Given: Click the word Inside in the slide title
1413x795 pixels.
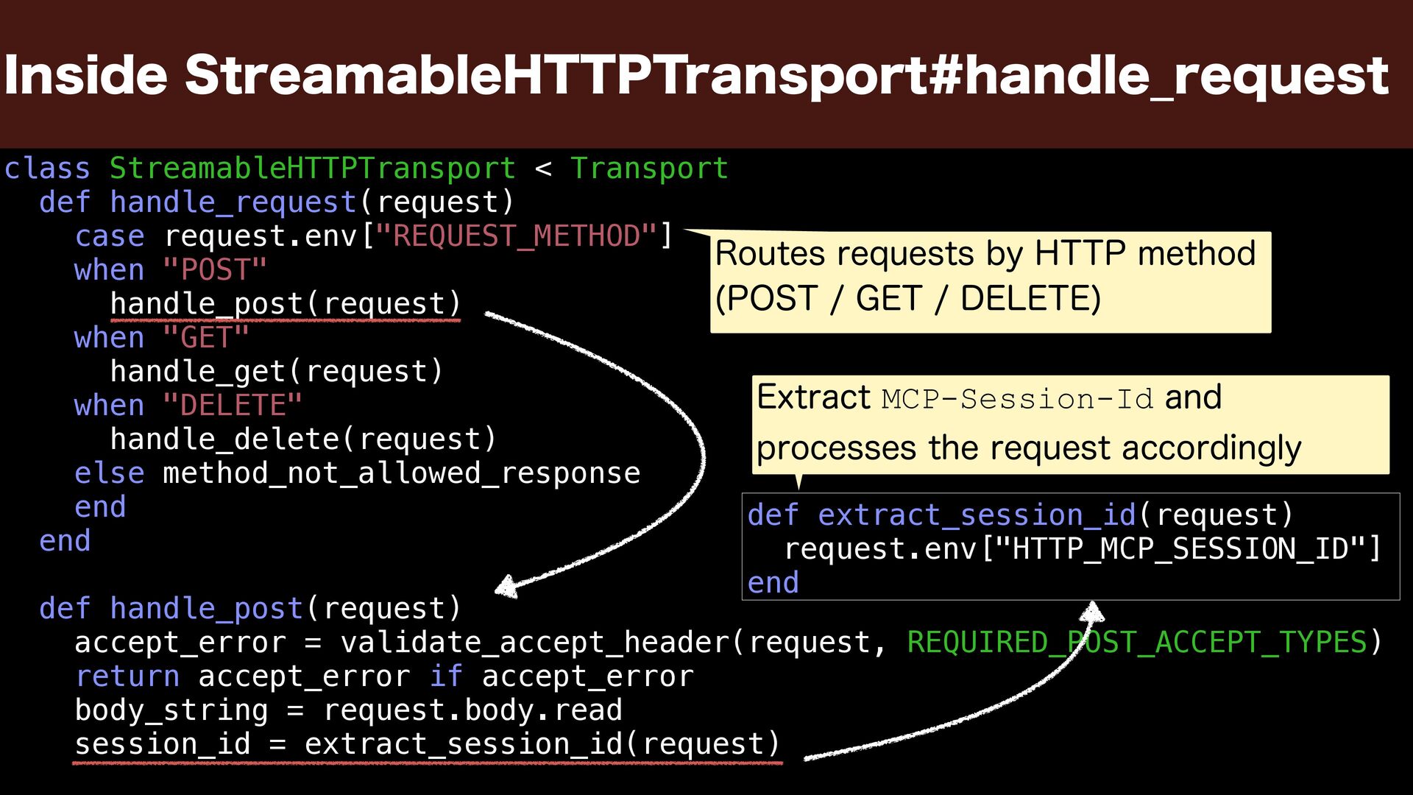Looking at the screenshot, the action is tap(85, 75).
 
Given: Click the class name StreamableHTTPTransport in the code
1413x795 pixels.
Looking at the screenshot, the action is tap(312, 169).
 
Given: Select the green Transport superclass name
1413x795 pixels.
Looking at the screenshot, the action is tap(649, 169).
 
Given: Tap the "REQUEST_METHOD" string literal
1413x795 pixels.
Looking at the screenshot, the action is tap(515, 236).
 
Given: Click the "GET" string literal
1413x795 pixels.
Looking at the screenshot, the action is tap(206, 338).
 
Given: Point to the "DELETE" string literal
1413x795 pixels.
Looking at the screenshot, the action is tap(233, 406).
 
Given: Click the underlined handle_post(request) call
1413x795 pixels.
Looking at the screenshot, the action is tap(286, 304).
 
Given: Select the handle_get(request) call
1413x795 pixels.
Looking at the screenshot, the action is tap(277, 372).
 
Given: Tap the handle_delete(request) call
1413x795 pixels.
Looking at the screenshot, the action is tap(303, 439).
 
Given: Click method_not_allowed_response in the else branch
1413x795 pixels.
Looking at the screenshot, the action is tap(401, 473).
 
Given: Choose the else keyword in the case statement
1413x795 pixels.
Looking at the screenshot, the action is tap(109, 473).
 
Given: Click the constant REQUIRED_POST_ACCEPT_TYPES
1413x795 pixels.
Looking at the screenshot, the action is tap(1136, 643).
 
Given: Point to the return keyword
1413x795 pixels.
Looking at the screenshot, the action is tap(127, 676).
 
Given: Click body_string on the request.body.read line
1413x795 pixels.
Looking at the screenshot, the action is tap(171, 710).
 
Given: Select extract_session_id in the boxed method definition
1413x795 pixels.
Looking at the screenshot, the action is tap(977, 515).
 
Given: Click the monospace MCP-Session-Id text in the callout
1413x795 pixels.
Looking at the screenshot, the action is tap(1016, 399).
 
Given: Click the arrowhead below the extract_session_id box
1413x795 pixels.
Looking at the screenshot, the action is tap(1094, 610).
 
